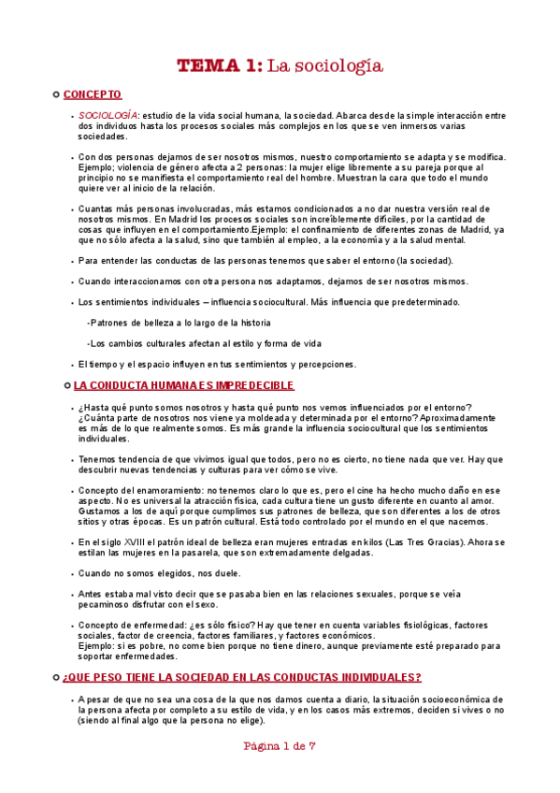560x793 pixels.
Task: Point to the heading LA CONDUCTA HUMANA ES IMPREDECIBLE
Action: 183,385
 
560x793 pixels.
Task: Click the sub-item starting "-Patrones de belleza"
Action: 160,323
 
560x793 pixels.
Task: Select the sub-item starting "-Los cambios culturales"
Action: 204,343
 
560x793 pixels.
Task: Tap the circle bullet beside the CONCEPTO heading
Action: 57,94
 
